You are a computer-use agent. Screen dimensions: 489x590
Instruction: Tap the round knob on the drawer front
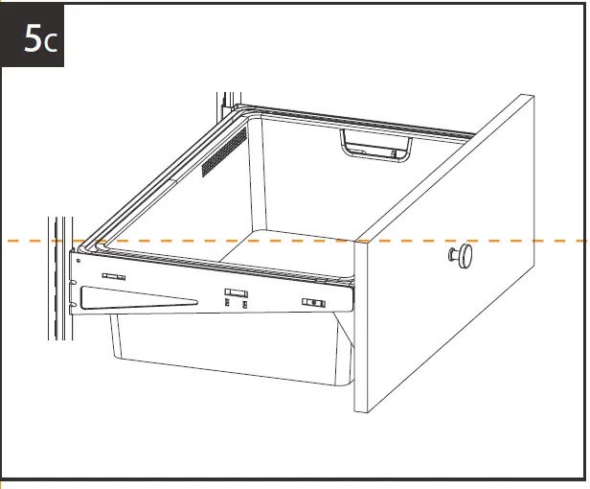(x=463, y=255)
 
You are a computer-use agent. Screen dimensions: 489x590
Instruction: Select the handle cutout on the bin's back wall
(x=375, y=146)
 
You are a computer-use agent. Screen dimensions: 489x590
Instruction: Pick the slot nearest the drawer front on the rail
(x=313, y=303)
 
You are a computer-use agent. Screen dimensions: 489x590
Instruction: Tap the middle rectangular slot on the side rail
(x=235, y=294)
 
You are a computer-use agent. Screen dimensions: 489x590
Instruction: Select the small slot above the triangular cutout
(x=112, y=276)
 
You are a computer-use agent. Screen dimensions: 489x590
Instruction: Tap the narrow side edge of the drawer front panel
(x=361, y=326)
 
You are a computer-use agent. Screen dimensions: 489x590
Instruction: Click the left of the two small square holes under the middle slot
(x=226, y=305)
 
